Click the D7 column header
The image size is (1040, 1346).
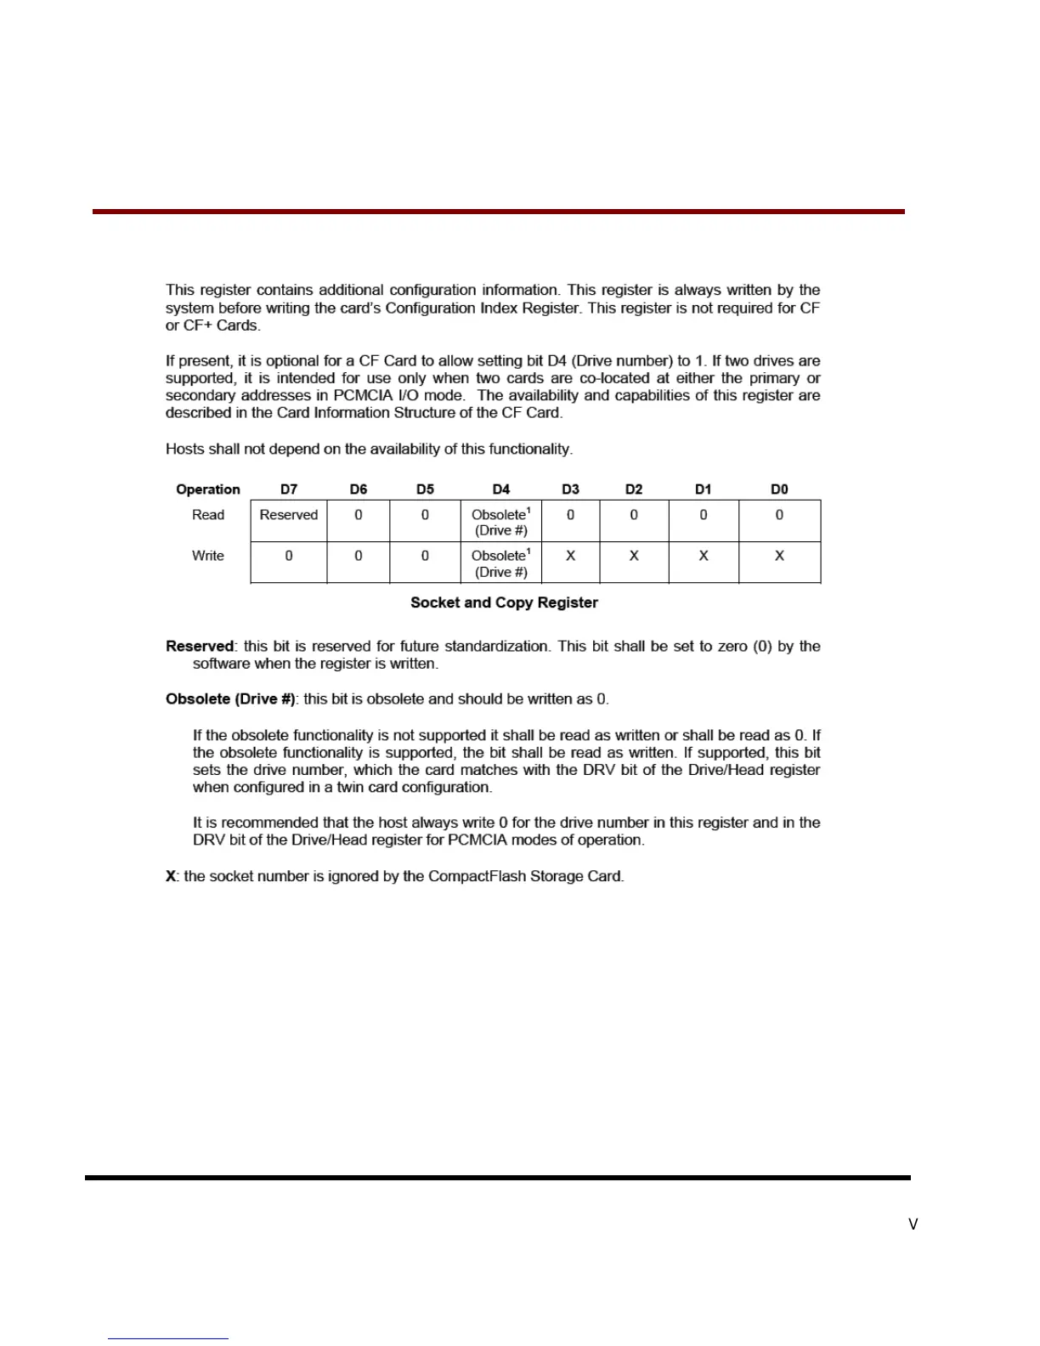[x=289, y=489]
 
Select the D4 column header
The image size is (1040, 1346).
[x=501, y=489]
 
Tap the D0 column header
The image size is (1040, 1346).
[x=779, y=489]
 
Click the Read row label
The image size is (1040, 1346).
[x=208, y=515]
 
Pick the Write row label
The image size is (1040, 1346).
[x=208, y=556]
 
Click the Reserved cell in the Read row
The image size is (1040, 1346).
[x=289, y=515]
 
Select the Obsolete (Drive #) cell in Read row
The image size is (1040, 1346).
[x=501, y=522]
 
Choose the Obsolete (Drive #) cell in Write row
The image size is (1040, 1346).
[x=501, y=563]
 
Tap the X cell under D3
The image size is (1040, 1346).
[x=571, y=556]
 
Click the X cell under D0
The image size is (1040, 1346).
[x=779, y=556]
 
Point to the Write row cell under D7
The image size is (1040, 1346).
[x=289, y=556]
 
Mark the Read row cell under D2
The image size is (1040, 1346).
[x=634, y=515]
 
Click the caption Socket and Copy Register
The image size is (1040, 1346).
[x=504, y=602]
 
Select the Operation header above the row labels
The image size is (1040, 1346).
[x=208, y=489]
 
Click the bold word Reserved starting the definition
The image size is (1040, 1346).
[x=200, y=647]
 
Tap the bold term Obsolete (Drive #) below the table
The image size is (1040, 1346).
[x=230, y=699]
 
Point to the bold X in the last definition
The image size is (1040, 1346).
[x=171, y=876]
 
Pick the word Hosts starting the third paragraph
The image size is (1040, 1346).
[x=184, y=449]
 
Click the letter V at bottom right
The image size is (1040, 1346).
[x=913, y=1224]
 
